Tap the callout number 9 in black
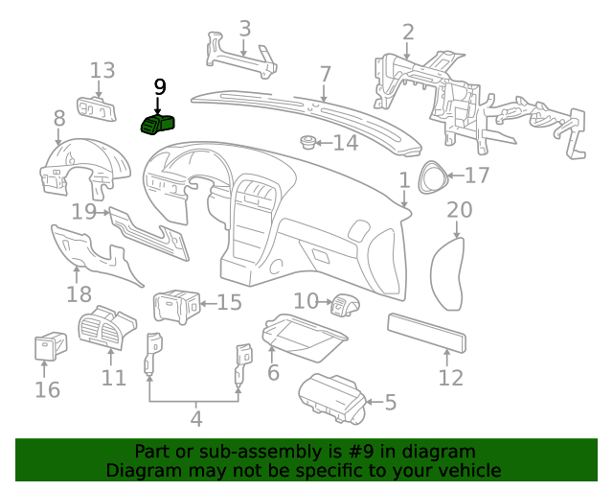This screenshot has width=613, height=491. [x=159, y=86]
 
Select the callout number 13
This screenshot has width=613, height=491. [x=102, y=70]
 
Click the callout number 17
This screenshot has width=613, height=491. [x=477, y=175]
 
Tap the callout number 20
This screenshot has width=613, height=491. [x=460, y=210]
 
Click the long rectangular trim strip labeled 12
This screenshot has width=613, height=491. [x=426, y=331]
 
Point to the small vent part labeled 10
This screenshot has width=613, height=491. [x=342, y=306]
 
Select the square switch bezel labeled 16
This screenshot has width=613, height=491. [x=47, y=347]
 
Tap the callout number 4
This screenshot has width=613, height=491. [x=195, y=418]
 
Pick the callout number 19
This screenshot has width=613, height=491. [x=83, y=211]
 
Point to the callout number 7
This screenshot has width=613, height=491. [x=325, y=74]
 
